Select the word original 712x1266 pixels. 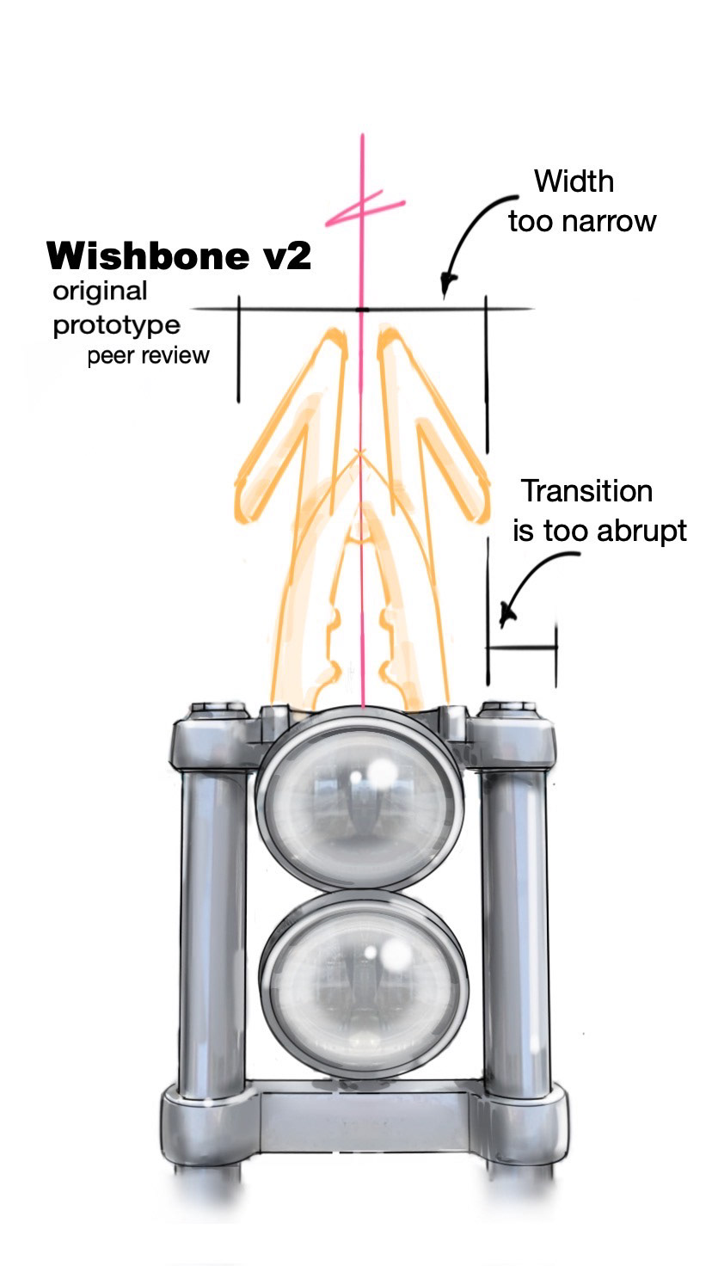(x=100, y=291)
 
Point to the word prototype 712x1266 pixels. (x=117, y=327)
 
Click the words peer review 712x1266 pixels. (x=148, y=356)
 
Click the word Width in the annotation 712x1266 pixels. (x=574, y=181)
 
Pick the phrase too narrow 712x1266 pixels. (x=582, y=221)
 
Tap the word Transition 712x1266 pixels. (x=587, y=491)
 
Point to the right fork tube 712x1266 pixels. (x=515, y=929)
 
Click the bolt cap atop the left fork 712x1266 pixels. (x=210, y=710)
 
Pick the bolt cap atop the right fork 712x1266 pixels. (x=508, y=710)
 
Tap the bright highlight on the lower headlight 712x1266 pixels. (x=396, y=951)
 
